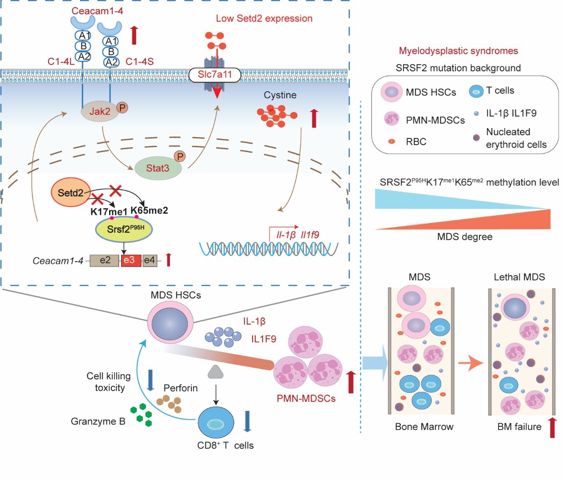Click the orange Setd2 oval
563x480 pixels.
click(x=71, y=193)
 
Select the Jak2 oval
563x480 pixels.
click(x=100, y=111)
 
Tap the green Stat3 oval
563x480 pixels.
click(x=158, y=168)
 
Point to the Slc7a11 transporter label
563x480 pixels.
click(x=215, y=74)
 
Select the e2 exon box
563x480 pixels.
click(x=105, y=260)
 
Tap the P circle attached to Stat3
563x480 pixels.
click(x=180, y=156)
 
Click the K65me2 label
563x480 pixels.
click(x=149, y=210)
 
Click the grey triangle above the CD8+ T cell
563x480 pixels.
click(x=215, y=372)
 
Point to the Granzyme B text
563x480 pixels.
click(x=98, y=421)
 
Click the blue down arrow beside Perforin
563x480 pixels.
click(x=150, y=380)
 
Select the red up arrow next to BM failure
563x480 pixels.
click(x=552, y=427)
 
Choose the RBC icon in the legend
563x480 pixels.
click(x=391, y=142)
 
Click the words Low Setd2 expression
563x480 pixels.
click(x=264, y=19)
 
